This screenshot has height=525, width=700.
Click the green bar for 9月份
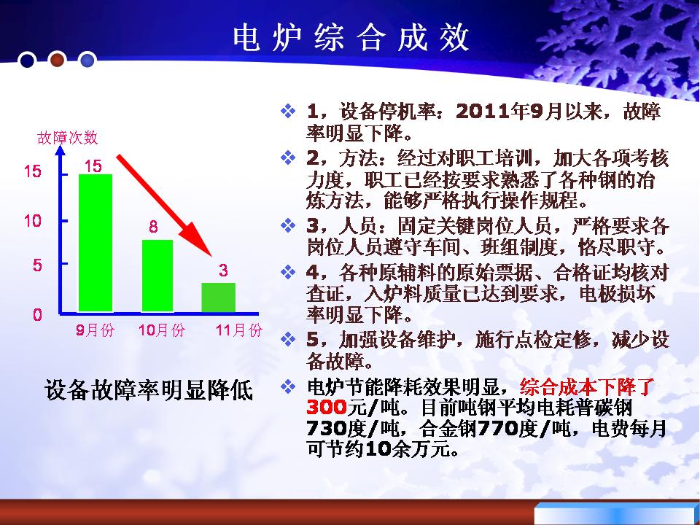coord(96,243)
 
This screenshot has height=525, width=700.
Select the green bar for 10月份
coord(157,276)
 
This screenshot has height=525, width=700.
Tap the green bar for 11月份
coord(218,297)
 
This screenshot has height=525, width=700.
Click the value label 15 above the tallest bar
coord(93,166)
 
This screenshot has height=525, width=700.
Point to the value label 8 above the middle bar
coord(153,227)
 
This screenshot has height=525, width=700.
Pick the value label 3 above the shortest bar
coord(223,270)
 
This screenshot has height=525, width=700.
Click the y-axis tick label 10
coord(33,220)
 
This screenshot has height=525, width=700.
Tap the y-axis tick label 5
coord(37,265)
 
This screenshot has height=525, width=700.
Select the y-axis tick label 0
coord(37,315)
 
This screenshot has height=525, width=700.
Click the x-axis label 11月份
coord(238,330)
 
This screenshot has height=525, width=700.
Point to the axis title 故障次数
coord(67,138)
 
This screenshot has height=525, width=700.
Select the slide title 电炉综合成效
coord(351,37)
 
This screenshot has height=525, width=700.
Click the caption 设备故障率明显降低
coord(149,390)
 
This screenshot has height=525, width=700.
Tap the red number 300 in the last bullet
coord(327,407)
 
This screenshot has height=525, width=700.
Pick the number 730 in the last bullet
coord(327,429)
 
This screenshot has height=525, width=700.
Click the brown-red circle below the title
coord(57,59)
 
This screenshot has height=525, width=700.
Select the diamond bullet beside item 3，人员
coord(289,225)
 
